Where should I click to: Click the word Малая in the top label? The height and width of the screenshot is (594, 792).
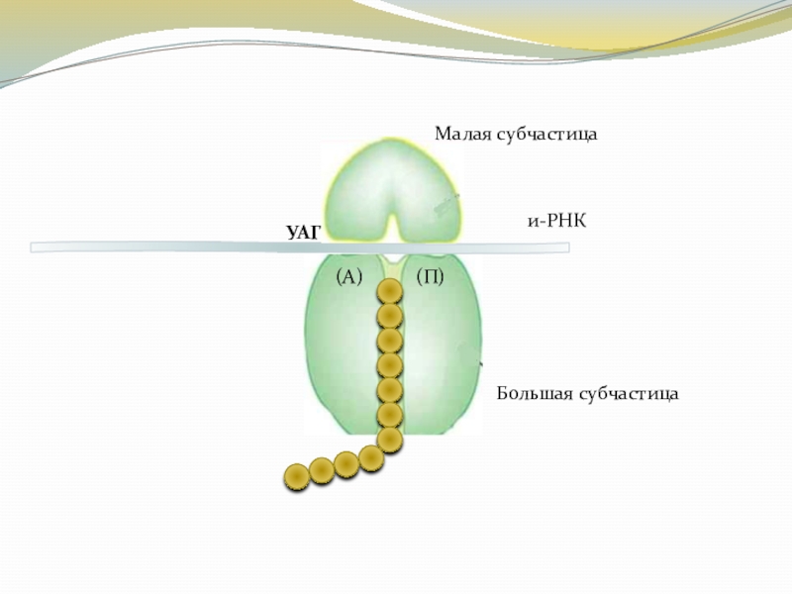(462, 133)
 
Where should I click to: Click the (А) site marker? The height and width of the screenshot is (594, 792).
(350, 276)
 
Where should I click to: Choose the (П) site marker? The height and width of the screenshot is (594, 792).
(430, 276)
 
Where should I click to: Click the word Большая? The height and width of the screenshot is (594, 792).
(534, 394)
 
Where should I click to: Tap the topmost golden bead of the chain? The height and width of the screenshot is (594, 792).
(390, 292)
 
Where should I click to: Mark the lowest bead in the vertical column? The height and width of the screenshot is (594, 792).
(389, 439)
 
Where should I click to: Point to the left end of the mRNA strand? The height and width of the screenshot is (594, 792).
(36, 247)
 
